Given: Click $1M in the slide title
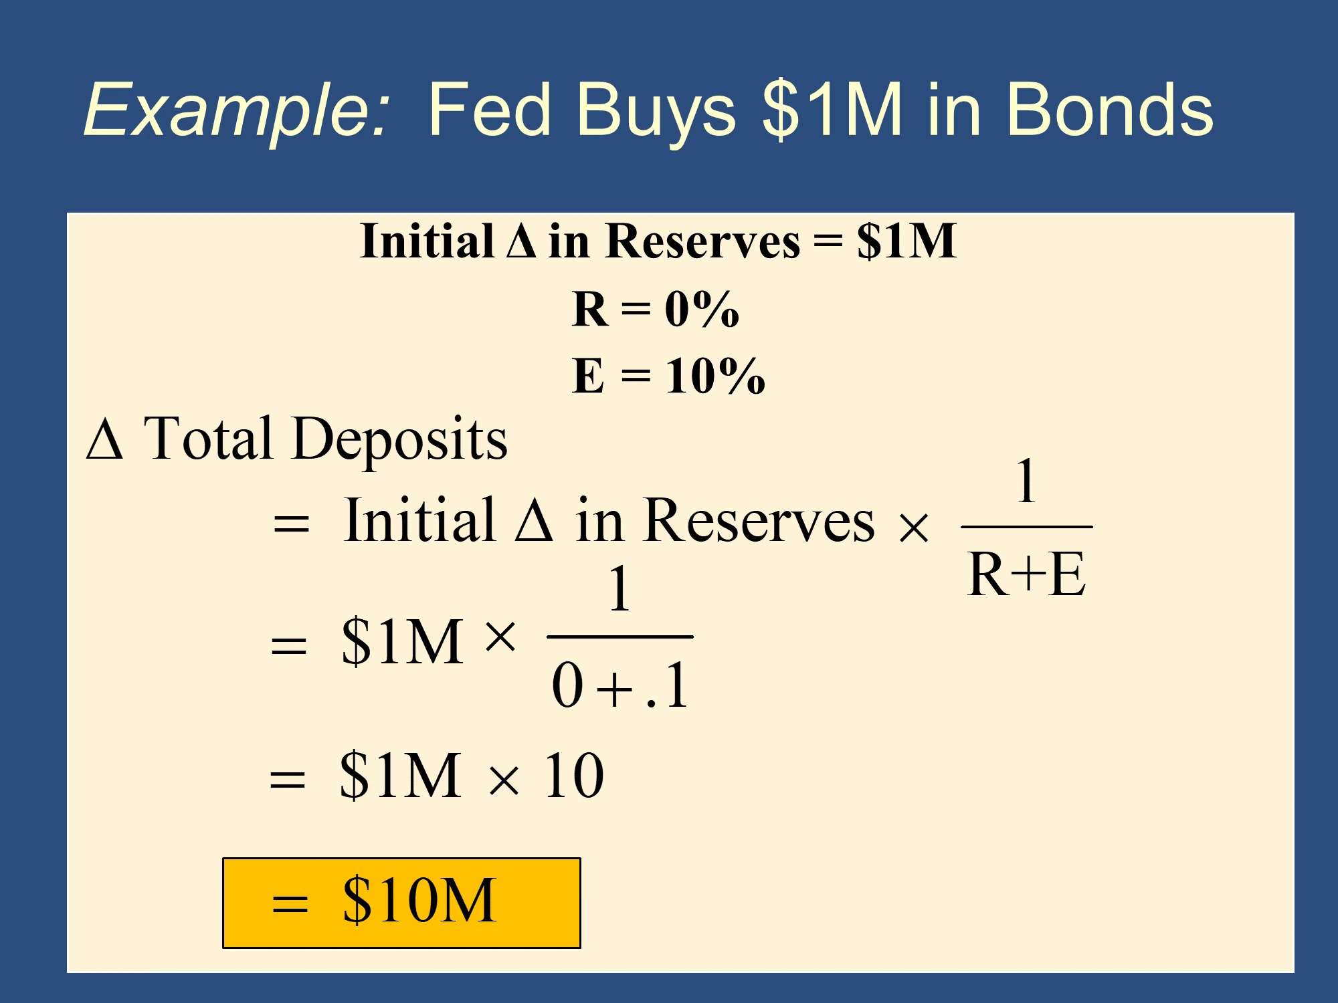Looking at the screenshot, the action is coord(833,109).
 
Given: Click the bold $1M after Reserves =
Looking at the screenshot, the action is coord(906,241).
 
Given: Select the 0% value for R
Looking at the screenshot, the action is coord(702,309).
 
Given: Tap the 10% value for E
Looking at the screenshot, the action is coord(715,376).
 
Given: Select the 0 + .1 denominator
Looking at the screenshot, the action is coord(620,685).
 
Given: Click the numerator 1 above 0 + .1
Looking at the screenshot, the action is coord(620,588).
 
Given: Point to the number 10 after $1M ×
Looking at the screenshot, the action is coord(574,776).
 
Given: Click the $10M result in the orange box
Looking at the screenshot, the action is coord(419,900).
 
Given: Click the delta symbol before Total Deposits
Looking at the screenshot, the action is coord(105,439).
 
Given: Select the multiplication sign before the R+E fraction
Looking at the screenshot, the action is coord(914,528).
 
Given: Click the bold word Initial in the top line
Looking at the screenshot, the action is coord(426,241).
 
